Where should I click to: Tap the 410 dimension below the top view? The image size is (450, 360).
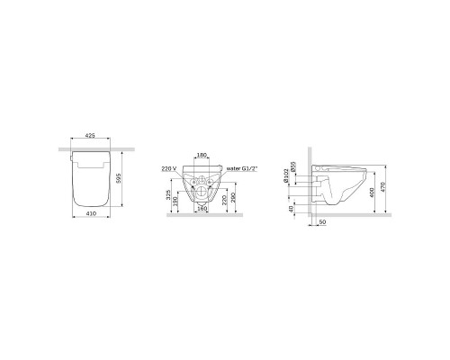click(x=90, y=217)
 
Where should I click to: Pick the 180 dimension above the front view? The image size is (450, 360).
click(x=201, y=156)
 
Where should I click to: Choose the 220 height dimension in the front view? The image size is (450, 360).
click(x=226, y=202)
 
